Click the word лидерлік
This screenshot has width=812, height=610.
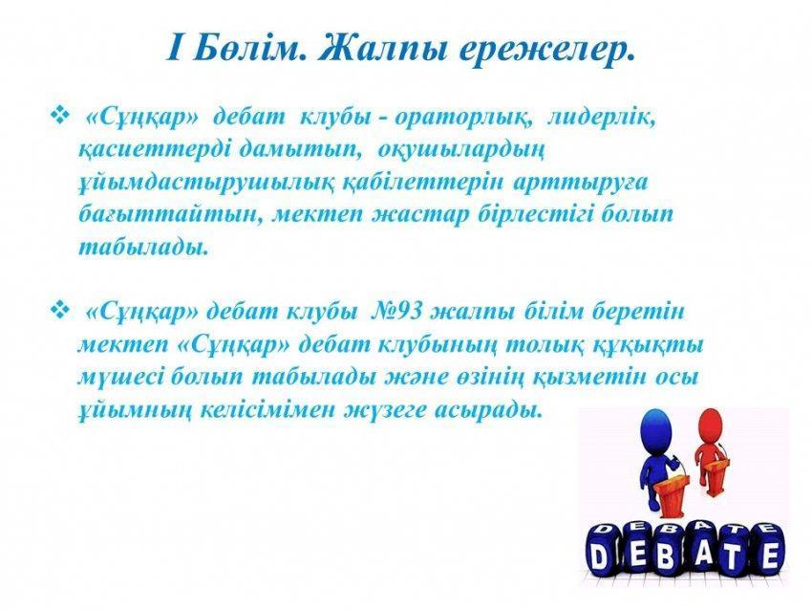[x=602, y=118]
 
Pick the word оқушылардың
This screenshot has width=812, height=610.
[x=460, y=151]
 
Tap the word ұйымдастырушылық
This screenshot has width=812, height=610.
[x=206, y=184]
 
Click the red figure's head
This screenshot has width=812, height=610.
[x=710, y=426]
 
